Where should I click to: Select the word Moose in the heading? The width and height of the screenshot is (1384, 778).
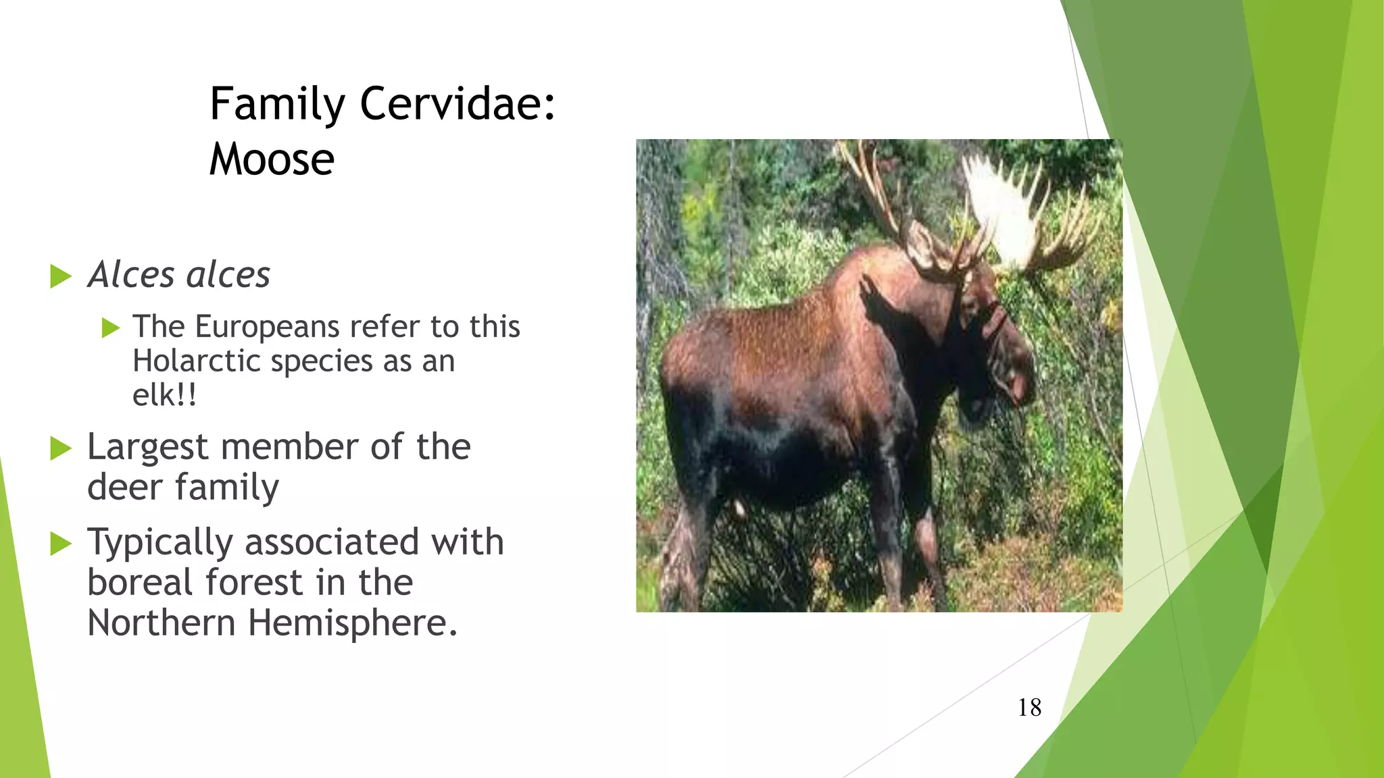click(x=272, y=160)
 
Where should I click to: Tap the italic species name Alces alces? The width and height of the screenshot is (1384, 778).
click(x=179, y=275)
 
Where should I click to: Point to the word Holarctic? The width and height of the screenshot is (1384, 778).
click(x=197, y=361)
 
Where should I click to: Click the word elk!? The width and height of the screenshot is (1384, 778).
click(x=164, y=395)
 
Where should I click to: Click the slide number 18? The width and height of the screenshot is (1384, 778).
click(x=1029, y=708)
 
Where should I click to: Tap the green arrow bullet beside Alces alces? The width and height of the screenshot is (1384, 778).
click(x=61, y=276)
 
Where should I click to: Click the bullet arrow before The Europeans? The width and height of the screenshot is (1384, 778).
click(x=110, y=328)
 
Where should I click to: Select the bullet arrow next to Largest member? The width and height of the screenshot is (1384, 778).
click(x=61, y=448)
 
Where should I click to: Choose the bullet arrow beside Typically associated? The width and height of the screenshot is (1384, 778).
click(x=61, y=544)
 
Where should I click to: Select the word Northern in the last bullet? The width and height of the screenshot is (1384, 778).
click(x=161, y=623)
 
